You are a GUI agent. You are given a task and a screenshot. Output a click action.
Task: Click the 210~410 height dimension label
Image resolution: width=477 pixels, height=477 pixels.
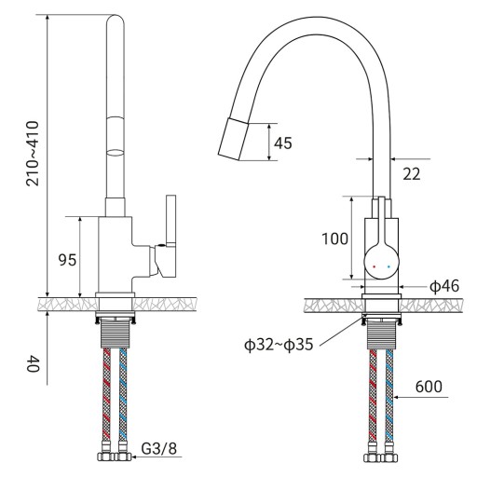[x=33, y=154]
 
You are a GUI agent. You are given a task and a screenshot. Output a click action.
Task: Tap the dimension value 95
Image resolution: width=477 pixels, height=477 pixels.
[x=67, y=260]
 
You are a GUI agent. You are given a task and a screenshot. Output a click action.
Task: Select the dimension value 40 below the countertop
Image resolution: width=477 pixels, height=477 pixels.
[x=33, y=364]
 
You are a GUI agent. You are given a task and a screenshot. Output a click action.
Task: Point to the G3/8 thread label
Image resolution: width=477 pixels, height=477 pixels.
[x=158, y=448]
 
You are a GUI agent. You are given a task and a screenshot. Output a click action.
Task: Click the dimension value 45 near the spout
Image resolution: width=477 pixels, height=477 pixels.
[x=283, y=143]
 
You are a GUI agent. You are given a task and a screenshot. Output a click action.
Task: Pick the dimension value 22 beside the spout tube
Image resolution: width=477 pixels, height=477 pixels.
[x=412, y=174]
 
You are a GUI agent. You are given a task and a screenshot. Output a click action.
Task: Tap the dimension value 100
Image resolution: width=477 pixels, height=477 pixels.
[x=334, y=238]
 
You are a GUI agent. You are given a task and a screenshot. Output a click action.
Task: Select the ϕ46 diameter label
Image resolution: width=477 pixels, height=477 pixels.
[x=444, y=286]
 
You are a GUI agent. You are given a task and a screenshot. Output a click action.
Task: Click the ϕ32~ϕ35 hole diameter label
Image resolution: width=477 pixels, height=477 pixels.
[x=279, y=345]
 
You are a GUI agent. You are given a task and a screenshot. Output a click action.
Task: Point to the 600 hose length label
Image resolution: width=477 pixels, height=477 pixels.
[x=429, y=387]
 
